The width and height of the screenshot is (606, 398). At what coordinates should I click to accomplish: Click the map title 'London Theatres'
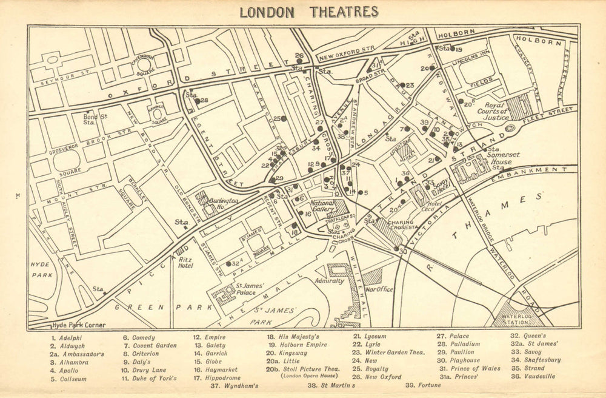coord(308,12)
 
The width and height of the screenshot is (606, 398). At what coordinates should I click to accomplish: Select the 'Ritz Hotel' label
coord(185,262)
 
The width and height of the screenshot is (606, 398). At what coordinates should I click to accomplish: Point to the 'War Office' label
coord(379,289)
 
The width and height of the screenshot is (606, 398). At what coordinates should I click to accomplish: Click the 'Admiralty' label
coord(329,281)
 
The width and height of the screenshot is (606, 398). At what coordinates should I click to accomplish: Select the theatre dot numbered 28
coord(197,101)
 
